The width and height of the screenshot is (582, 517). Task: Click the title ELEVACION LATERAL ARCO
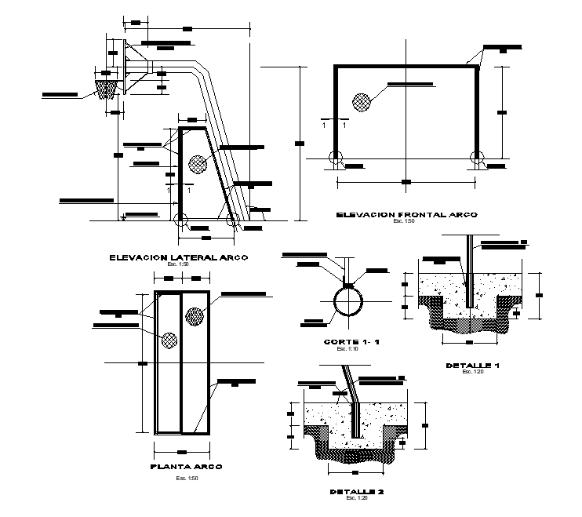pos(179,257)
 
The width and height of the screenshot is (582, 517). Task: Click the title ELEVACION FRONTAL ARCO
pos(406,214)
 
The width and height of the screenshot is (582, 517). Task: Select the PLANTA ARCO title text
pos(186,466)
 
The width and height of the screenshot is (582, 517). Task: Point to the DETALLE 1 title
pos(472,365)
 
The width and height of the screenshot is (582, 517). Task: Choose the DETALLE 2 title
pos(357,492)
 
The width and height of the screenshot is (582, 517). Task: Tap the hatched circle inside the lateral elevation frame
pos(197,164)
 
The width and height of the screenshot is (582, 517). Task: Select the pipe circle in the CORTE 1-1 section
pos(346,300)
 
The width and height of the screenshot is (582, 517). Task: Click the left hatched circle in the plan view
pos(168,340)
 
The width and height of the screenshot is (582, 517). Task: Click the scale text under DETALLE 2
pos(357,499)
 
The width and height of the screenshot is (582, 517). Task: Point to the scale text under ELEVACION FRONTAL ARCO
pos(406,221)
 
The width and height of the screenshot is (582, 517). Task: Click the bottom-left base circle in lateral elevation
pos(181,220)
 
